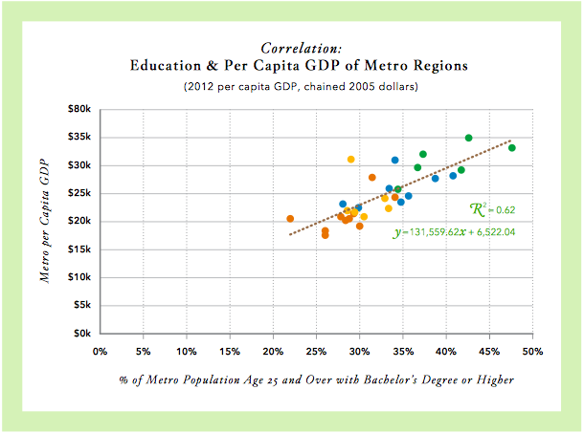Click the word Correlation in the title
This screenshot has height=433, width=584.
click(x=301, y=47)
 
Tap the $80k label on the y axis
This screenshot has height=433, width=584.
click(x=79, y=109)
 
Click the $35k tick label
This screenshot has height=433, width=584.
click(x=79, y=137)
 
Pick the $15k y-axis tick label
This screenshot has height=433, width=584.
click(x=79, y=249)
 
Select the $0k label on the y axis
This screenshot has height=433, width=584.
click(x=82, y=335)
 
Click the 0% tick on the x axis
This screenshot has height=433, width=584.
click(x=101, y=351)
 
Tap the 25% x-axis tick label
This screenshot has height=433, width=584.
click(x=316, y=351)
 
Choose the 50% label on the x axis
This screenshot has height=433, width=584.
click(x=531, y=351)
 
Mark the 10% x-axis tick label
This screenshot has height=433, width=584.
click(x=186, y=351)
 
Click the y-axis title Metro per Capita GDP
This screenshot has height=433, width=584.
click(x=44, y=222)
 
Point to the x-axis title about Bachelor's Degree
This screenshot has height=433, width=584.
click(x=316, y=379)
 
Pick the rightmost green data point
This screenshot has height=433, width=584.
click(x=512, y=148)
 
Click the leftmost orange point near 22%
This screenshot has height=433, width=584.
click(x=290, y=219)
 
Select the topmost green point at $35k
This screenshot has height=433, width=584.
click(x=468, y=138)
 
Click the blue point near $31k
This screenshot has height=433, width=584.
click(x=394, y=160)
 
